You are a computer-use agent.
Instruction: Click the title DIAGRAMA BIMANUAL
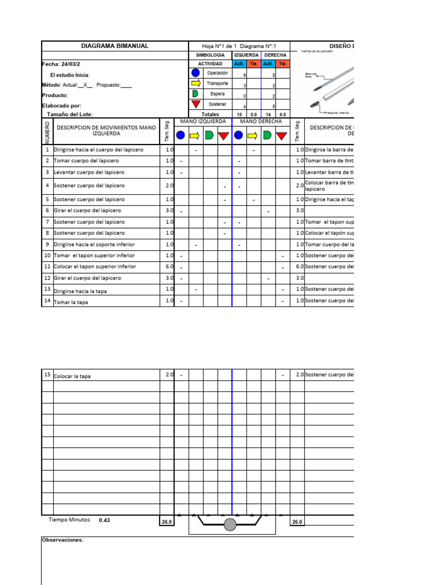(x=115, y=46)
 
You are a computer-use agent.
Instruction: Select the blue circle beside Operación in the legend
(x=195, y=73)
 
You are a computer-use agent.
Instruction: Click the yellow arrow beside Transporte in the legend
(x=195, y=83)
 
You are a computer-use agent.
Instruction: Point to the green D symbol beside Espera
(x=195, y=94)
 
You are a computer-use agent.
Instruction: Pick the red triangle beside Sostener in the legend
(x=195, y=104)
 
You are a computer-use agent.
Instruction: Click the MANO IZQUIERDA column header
(x=203, y=121)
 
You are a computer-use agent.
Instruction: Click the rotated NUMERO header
(x=47, y=131)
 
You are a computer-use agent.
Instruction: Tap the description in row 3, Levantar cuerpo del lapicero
(x=89, y=172)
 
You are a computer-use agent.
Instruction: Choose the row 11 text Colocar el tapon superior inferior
(x=95, y=266)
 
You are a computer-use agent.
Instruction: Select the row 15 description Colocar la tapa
(x=72, y=376)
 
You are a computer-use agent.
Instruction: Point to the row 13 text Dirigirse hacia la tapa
(x=80, y=291)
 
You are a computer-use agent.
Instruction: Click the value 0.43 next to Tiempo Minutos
(x=104, y=520)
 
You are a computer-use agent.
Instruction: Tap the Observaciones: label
(x=63, y=539)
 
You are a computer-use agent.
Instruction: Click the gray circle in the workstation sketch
(x=230, y=524)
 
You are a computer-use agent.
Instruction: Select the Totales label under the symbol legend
(x=210, y=114)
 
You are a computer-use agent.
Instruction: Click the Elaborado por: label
(x=62, y=105)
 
